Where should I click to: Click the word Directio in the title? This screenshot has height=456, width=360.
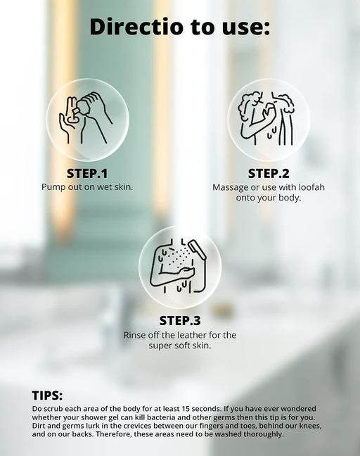(136, 27)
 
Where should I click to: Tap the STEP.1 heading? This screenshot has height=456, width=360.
(87, 174)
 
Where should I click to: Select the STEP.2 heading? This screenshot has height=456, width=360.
(269, 174)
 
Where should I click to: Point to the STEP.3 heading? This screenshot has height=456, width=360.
(180, 321)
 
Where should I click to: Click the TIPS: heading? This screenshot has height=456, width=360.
(47, 395)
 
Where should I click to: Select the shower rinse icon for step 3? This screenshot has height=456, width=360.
(179, 266)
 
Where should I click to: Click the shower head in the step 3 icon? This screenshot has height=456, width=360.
(197, 249)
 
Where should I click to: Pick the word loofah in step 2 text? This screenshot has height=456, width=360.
(311, 187)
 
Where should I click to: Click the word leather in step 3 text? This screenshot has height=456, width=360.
(190, 335)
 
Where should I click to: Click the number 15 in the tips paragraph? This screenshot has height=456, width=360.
(186, 409)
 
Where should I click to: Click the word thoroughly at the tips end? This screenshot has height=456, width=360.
(263, 434)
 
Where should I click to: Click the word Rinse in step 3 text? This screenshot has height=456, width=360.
(133, 335)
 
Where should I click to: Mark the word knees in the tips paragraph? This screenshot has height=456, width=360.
(310, 426)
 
